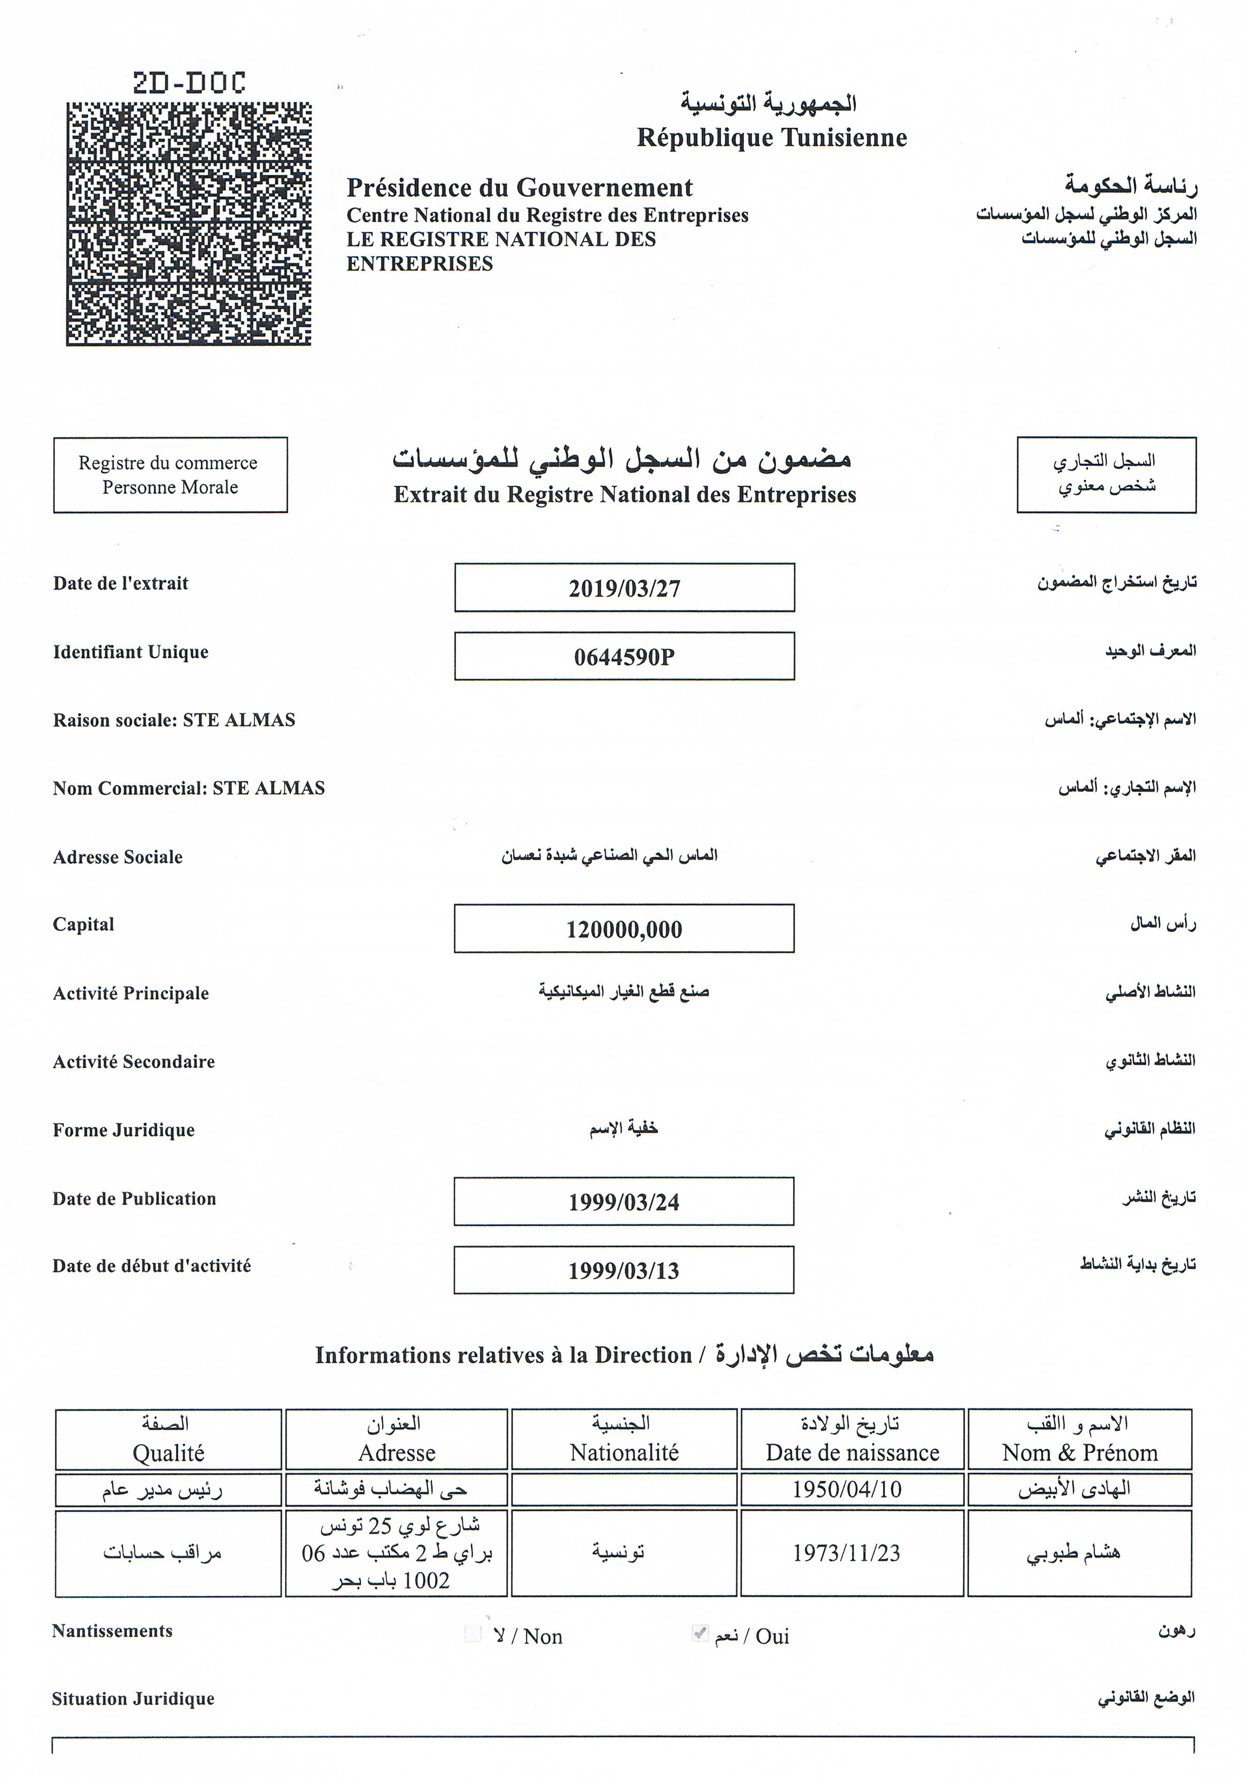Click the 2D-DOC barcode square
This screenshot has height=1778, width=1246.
pyautogui.click(x=188, y=223)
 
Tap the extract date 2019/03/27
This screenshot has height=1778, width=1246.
pyautogui.click(x=624, y=588)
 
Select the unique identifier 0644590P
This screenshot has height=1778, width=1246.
pyautogui.click(x=624, y=657)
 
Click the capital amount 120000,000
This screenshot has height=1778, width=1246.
pyautogui.click(x=624, y=929)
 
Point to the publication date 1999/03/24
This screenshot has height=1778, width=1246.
pyautogui.click(x=624, y=1202)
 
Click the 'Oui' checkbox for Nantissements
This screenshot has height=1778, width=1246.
pyautogui.click(x=700, y=1633)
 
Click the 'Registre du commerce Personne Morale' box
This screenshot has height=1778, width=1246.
pyautogui.click(x=170, y=475)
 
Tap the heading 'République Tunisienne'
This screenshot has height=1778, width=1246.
pyautogui.click(x=772, y=138)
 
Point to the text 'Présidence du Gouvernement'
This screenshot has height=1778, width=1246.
pyautogui.click(x=519, y=187)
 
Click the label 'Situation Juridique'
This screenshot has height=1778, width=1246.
pyautogui.click(x=133, y=1699)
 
